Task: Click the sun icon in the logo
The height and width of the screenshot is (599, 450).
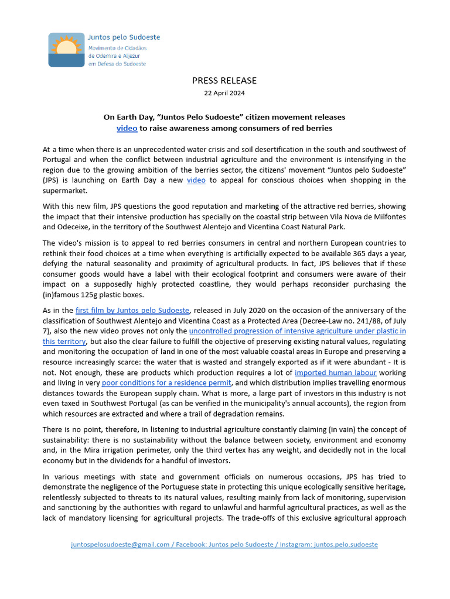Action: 66,47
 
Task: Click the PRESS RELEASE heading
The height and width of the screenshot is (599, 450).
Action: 224,80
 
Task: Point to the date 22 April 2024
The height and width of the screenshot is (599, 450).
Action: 224,93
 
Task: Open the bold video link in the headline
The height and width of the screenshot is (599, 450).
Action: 127,128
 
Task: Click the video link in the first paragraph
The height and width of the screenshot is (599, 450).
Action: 196,180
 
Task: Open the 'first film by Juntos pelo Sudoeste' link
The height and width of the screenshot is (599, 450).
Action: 132,311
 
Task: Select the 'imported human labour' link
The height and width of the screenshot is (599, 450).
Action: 328,373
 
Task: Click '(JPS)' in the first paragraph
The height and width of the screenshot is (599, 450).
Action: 52,180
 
